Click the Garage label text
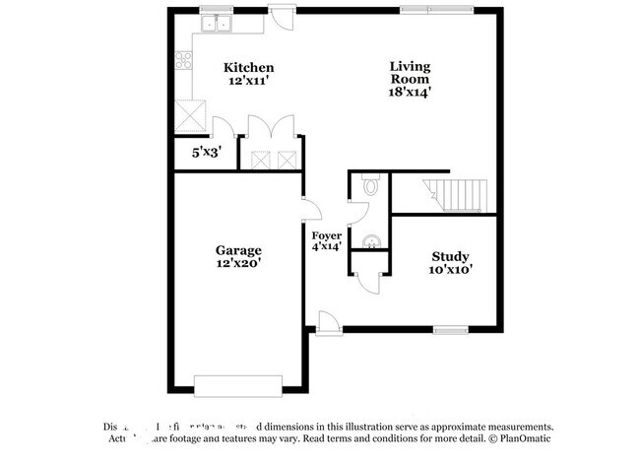tap(238, 250)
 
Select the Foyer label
tap(326, 235)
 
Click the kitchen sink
tap(214, 23)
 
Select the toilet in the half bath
tap(370, 184)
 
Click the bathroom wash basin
tap(371, 239)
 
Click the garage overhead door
tap(238, 382)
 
